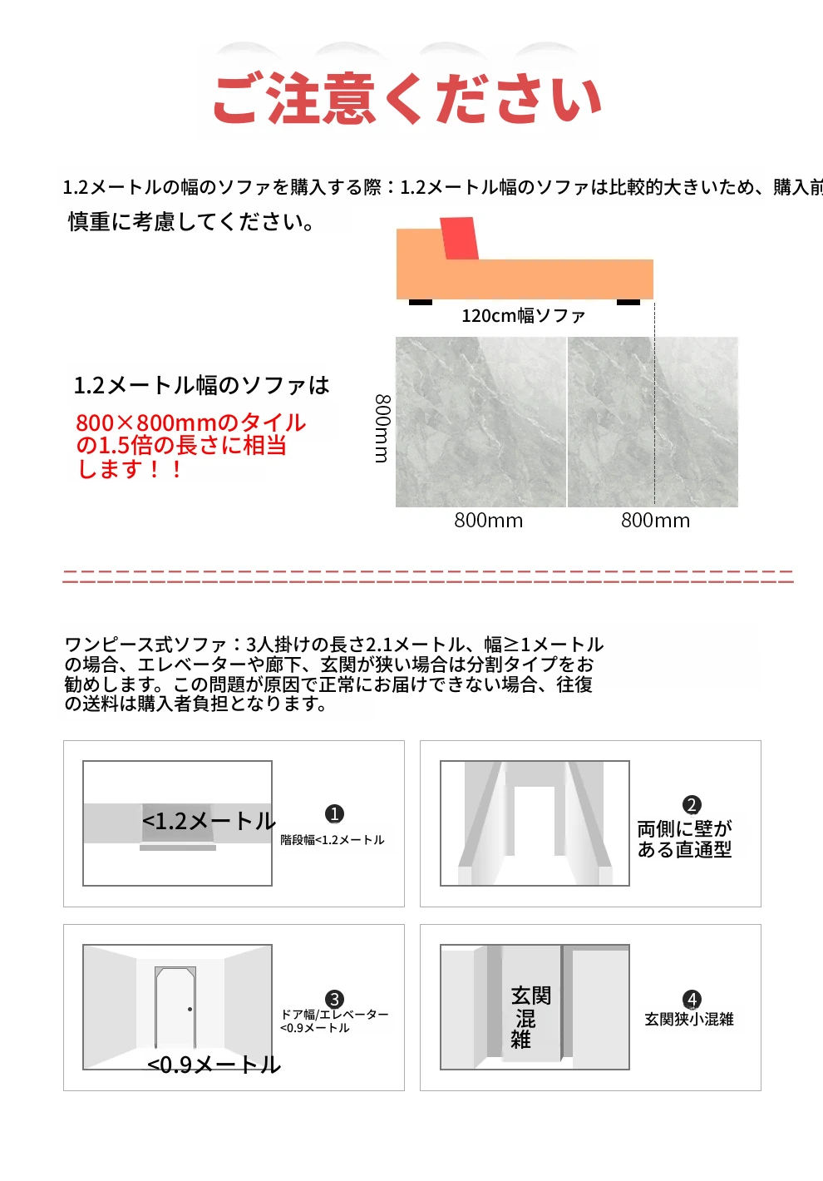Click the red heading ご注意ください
tap(407, 99)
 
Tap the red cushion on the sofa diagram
tap(460, 238)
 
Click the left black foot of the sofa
tap(421, 302)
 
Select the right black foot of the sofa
tap(628, 302)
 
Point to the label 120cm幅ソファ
tap(523, 316)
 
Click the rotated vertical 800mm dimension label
tap(382, 428)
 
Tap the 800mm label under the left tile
tap(489, 521)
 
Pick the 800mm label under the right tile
tap(655, 521)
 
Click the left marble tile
tap(480, 422)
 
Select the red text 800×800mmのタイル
tap(190, 422)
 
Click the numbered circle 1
tap(334, 813)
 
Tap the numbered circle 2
tap(692, 805)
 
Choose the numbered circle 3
tap(334, 999)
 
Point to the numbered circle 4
tap(692, 999)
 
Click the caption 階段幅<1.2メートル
tap(332, 840)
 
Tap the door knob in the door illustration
tap(190, 1009)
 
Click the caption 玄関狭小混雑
tap(688, 1019)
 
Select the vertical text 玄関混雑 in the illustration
tap(528, 1017)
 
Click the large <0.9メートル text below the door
tap(214, 1065)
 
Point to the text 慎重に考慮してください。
tap(191, 221)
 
